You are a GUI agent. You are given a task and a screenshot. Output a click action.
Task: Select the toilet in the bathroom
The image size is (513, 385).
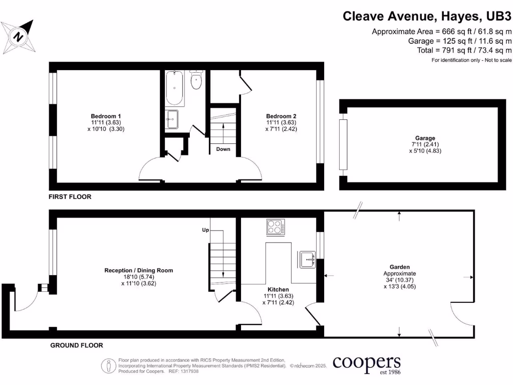point(196,81)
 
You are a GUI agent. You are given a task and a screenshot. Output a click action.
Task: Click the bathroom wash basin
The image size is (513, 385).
point(172,119)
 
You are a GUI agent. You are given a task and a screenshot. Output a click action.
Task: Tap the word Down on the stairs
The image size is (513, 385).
point(223,149)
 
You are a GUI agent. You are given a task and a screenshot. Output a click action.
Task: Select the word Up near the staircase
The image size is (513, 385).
point(205,230)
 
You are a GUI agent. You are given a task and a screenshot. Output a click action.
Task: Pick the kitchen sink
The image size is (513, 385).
point(306,259)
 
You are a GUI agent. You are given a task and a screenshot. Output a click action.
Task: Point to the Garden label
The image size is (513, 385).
point(400,267)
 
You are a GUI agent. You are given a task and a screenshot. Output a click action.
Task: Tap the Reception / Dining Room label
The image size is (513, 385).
point(139,270)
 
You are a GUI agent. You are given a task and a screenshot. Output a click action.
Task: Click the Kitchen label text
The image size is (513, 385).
point(278,290)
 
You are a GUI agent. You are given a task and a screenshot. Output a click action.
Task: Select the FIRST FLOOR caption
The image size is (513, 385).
point(70,197)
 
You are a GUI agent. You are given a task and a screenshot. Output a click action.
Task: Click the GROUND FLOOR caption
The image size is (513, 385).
point(77,345)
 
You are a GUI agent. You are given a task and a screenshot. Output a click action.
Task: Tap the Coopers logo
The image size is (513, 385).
point(367,363)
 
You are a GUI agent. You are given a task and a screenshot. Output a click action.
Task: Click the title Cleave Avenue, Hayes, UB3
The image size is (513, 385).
point(427,16)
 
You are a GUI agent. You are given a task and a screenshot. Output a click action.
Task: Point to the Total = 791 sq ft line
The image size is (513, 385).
point(464,50)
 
